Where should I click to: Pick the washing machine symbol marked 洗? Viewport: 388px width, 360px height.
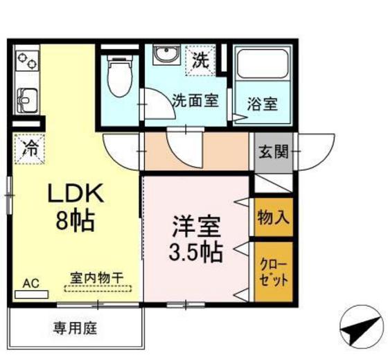pos(201,60)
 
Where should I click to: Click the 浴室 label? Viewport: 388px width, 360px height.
pos(263,105)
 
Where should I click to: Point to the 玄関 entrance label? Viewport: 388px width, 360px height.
pos(271,151)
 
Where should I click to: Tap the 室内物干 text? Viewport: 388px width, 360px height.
pos(96,277)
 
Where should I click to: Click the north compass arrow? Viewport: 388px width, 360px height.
pos(360,322)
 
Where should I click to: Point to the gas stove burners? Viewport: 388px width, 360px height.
pos(28,62)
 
